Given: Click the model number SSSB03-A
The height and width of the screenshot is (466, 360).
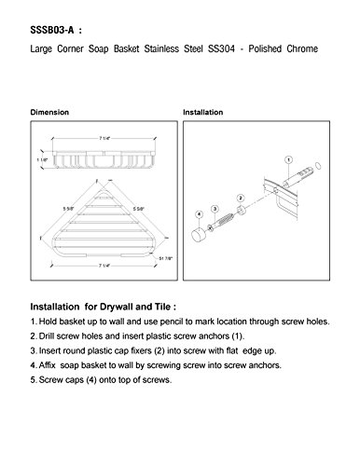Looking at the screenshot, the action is (52, 30).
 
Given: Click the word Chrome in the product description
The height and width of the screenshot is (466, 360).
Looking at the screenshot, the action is (302, 48).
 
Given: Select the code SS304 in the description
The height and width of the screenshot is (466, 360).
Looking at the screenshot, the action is (221, 48).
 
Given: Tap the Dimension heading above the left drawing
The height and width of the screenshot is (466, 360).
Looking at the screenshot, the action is (49, 112).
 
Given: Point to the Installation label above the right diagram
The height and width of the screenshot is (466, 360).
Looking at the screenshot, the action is (202, 112).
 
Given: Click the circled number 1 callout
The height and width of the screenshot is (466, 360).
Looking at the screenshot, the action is (289, 160).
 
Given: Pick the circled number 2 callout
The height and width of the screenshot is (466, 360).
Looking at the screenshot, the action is (241, 198).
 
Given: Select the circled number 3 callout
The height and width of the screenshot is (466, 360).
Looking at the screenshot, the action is (215, 209).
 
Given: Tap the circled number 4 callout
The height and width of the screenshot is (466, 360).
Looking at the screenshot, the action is (199, 214).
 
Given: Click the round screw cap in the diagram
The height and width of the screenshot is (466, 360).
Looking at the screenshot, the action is (197, 234).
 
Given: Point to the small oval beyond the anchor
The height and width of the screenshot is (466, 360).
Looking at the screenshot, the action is (318, 166).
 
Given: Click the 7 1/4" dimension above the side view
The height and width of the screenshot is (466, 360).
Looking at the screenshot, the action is (104, 138).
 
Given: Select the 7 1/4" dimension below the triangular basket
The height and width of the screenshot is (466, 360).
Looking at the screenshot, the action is (104, 266).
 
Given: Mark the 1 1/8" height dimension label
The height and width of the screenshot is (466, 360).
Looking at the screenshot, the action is (42, 159).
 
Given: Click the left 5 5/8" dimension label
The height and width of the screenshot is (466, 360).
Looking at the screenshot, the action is (69, 209).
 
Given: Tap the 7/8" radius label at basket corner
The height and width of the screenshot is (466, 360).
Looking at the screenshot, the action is (166, 258).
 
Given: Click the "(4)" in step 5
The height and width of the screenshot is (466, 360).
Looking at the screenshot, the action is (90, 380).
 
